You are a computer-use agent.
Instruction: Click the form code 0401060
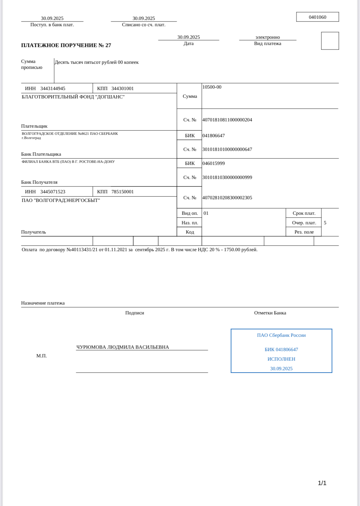tap(317, 17)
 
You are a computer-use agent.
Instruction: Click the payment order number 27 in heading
tap(108, 45)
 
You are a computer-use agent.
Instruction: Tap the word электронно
tap(267, 37)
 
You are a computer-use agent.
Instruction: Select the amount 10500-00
tap(212, 87)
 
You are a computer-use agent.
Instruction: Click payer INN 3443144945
tap(53, 89)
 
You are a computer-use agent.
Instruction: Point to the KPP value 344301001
tap(122, 89)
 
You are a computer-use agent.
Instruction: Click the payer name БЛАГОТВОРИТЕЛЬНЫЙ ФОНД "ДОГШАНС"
tap(73, 97)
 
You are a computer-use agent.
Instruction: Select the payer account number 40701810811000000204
tap(227, 120)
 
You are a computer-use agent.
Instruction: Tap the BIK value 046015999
tap(213, 163)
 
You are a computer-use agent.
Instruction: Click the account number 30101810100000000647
tap(227, 149)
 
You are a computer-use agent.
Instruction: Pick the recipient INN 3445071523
tap(53, 192)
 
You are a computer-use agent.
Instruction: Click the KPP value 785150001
tap(122, 192)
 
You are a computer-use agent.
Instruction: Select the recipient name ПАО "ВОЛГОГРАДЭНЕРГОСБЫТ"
tap(61, 200)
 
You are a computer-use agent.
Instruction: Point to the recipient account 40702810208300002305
tap(227, 198)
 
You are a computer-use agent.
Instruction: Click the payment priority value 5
tap(325, 223)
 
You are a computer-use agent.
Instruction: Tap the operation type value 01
tap(206, 213)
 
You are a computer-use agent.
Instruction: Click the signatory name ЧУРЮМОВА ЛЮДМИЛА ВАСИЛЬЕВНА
tap(123, 347)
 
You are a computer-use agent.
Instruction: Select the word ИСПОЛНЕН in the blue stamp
tap(281, 359)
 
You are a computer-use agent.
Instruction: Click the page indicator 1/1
tap(322, 483)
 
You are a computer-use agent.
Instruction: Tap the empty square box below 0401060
tap(330, 41)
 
